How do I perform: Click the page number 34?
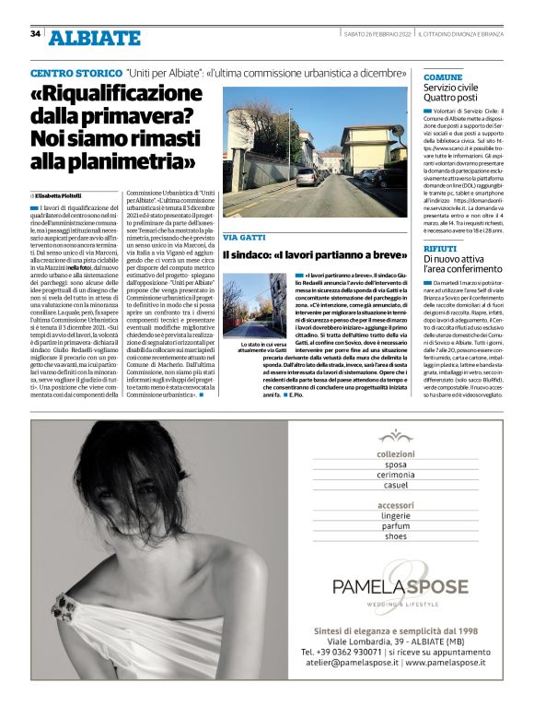click(36, 34)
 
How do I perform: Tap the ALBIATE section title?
click(95, 38)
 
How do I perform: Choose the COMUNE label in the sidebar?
click(443, 77)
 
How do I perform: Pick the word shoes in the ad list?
click(396, 535)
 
